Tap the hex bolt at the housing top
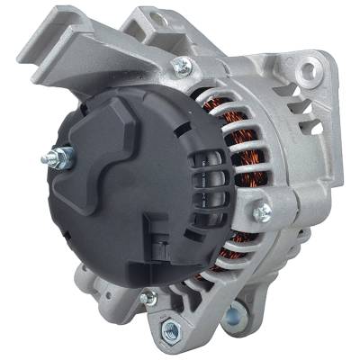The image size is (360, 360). tap(184, 66)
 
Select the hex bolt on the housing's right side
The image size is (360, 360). tap(262, 213)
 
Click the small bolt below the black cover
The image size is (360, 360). tap(148, 297)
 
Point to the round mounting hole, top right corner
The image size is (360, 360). tap(311, 67)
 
